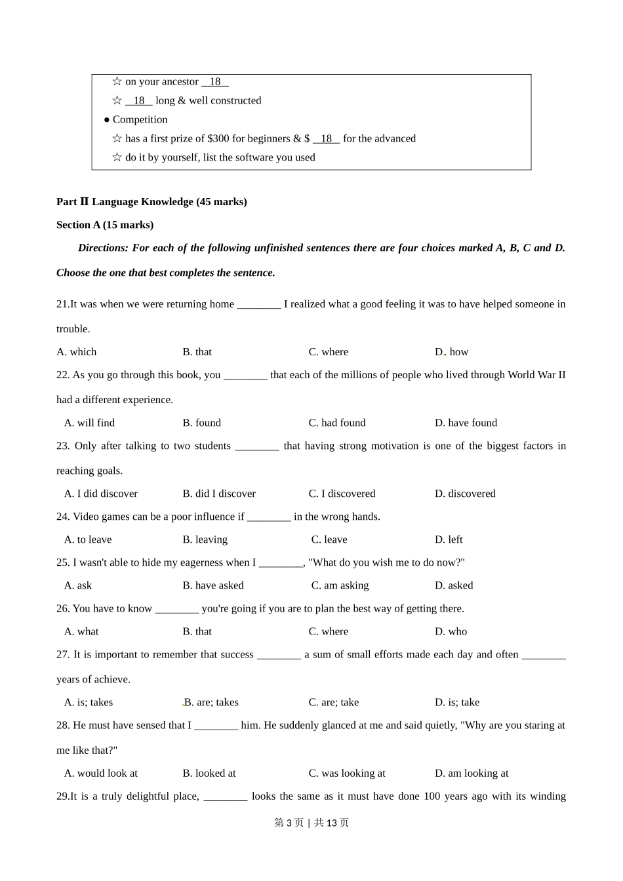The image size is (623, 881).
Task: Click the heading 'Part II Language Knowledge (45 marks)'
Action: [151, 202]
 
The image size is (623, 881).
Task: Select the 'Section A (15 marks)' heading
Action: [105, 225]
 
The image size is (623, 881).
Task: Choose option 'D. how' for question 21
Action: [451, 352]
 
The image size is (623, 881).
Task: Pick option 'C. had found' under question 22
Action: [337, 423]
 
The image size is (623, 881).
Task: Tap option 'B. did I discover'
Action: [219, 494]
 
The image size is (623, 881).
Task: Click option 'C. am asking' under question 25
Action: [340, 585]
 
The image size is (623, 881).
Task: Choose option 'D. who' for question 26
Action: [451, 631]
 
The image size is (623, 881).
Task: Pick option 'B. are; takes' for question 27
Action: [211, 702]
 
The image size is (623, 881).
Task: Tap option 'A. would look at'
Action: [101, 773]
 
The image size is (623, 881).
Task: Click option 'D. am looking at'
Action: [472, 773]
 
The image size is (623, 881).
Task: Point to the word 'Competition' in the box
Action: [140, 119]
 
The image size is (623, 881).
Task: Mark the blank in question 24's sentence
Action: [269, 517]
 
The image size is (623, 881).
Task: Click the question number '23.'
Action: [63, 446]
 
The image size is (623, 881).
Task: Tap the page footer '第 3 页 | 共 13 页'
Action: [311, 823]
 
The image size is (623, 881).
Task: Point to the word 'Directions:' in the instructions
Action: [104, 248]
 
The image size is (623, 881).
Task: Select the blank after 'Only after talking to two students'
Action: [257, 446]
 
